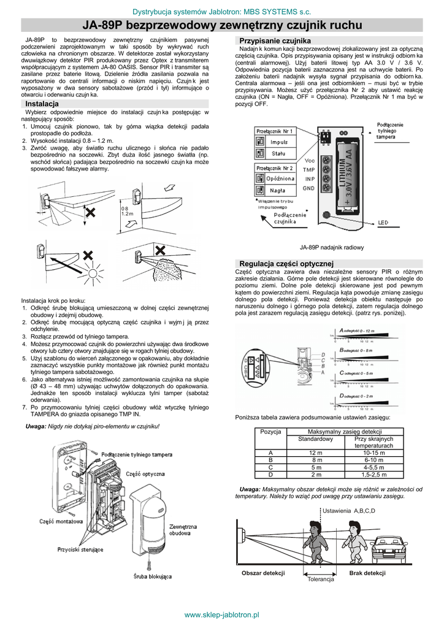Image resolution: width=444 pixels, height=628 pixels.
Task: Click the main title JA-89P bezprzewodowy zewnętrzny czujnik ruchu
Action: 222,25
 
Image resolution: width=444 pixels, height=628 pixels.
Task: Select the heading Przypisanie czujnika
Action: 266,40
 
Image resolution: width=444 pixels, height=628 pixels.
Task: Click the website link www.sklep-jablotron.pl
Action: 222,615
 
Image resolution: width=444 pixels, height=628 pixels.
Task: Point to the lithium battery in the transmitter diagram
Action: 345,175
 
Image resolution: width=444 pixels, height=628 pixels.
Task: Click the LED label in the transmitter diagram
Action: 383,222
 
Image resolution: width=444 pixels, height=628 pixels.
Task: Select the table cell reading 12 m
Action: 315,453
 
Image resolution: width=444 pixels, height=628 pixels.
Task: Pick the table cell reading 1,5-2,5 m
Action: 373,475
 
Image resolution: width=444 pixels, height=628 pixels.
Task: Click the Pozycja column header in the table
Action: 270,432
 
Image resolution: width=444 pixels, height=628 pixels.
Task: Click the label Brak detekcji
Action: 367,573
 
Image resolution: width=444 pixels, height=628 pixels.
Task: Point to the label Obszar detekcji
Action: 263,573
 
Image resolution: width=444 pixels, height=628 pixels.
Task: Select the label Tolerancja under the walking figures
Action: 320,580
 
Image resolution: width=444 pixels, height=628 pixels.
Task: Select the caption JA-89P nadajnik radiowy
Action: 331,247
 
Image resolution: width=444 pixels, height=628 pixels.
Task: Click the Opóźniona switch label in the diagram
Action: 280,178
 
